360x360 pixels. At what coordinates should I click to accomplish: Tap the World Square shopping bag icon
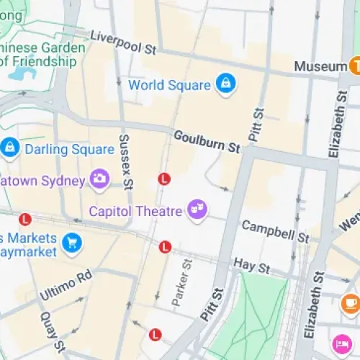225,84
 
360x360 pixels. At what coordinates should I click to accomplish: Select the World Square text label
169,85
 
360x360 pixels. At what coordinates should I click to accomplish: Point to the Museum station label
320,66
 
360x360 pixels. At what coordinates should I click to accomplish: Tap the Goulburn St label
207,141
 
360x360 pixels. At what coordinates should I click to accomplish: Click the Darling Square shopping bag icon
10,148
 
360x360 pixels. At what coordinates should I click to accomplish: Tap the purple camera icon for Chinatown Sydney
99,179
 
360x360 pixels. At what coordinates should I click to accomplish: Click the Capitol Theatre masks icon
196,210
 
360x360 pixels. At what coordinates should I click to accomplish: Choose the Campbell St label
275,230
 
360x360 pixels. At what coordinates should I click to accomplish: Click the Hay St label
252,267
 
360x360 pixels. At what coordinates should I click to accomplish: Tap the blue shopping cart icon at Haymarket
71,243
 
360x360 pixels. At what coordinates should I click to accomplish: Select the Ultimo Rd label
66,286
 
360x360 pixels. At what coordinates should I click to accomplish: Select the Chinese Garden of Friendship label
43,55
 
